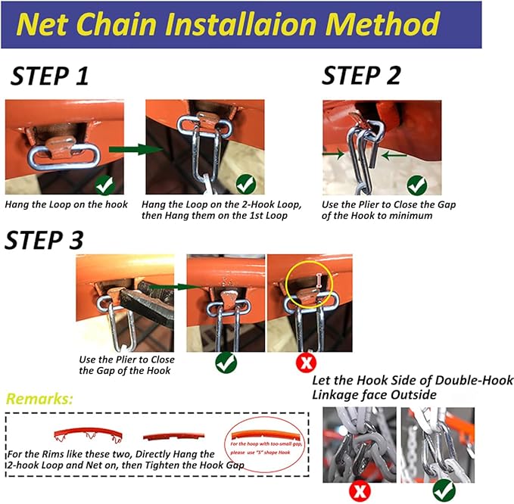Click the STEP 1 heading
[x=49, y=76]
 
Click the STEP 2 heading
[x=361, y=76]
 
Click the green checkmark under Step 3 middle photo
[x=226, y=362]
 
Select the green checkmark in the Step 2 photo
[x=417, y=184]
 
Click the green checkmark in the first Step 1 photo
[x=104, y=184]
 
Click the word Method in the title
[x=385, y=24]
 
